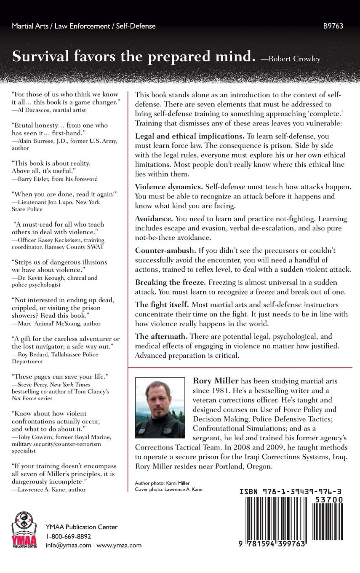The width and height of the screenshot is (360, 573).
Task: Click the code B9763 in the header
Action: (x=334, y=26)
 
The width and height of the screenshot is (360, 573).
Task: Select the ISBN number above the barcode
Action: (x=291, y=491)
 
